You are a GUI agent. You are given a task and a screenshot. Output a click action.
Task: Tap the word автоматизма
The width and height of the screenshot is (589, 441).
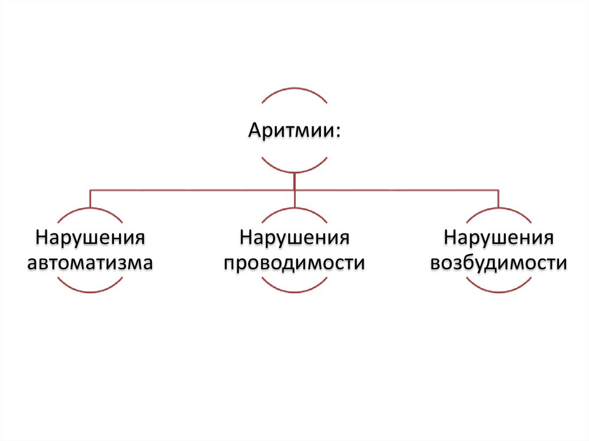[90, 263]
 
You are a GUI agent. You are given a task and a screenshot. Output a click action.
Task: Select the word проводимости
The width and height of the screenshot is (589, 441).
[294, 263]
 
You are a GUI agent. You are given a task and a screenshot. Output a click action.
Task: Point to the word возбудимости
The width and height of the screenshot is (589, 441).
[498, 263]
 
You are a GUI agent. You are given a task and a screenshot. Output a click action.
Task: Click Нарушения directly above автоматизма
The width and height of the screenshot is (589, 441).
[90, 237]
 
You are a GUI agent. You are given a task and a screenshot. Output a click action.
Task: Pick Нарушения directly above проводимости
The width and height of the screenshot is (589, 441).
[294, 237]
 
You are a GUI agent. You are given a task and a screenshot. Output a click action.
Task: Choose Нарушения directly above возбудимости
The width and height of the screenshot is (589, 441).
[498, 237]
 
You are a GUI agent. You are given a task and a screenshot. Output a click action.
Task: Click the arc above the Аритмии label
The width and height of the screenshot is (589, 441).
[294, 89]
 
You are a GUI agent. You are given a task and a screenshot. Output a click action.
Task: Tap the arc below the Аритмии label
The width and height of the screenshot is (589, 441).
[294, 171]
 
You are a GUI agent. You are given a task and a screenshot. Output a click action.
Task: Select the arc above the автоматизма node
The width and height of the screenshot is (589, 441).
[90, 208]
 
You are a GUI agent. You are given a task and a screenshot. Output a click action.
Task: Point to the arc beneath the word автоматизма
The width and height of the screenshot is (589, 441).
[90, 292]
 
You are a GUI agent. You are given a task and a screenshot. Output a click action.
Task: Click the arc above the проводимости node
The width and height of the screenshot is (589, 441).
[294, 208]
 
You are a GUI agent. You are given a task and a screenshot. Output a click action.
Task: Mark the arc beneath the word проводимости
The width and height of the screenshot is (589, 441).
[294, 292]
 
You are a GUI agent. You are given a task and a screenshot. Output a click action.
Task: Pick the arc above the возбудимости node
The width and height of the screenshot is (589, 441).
[498, 208]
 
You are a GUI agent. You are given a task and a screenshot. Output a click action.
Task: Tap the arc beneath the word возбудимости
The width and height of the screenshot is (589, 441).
[498, 292]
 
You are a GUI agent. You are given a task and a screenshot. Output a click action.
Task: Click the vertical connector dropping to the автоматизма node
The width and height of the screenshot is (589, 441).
[90, 198]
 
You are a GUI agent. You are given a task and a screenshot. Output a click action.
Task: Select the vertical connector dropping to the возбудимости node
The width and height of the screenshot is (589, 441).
[498, 198]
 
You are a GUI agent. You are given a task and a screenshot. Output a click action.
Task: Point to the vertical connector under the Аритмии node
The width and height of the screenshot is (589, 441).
[294, 181]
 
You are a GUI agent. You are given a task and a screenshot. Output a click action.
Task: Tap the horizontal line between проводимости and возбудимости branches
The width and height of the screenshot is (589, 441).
[397, 189]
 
